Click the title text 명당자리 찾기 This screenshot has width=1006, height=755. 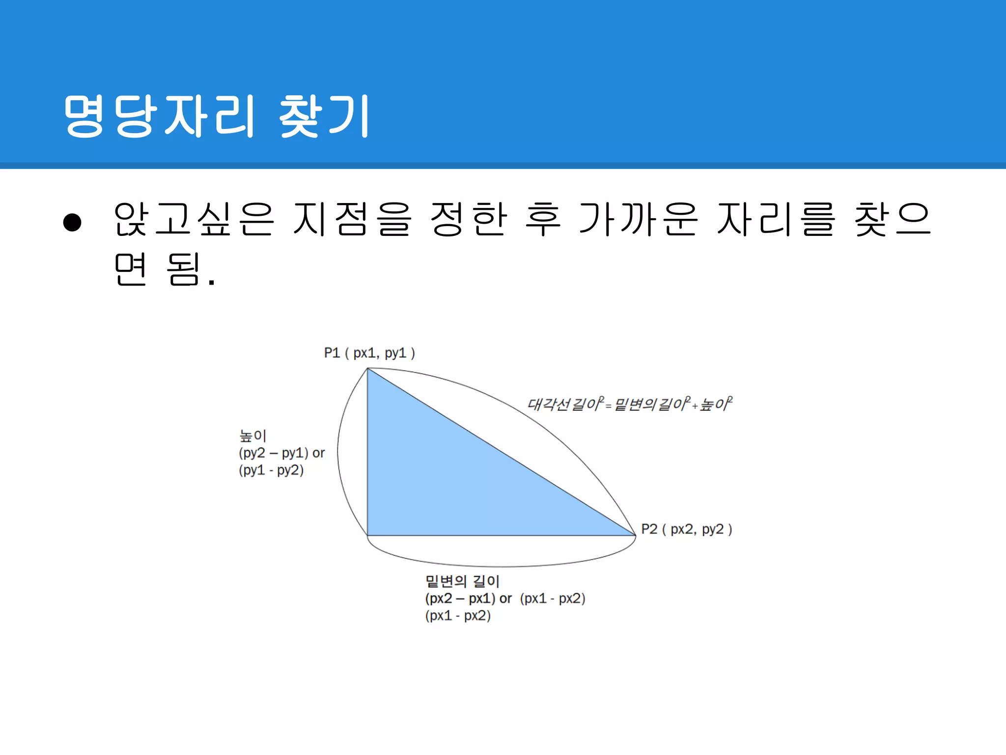tap(216, 116)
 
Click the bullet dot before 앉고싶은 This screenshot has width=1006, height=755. tap(72, 222)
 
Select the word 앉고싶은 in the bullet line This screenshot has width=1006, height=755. tap(193, 219)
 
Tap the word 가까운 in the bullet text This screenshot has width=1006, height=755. tap(638, 219)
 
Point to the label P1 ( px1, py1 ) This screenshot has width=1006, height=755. tap(369, 353)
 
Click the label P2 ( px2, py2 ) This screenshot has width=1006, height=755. tap(686, 529)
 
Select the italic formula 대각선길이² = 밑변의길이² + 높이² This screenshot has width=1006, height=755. tap(629, 404)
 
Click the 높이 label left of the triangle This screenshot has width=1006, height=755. tap(252, 436)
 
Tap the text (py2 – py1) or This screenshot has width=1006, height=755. tap(281, 453)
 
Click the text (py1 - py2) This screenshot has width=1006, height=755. tap(271, 470)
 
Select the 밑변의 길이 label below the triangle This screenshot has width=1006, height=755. tap(462, 581)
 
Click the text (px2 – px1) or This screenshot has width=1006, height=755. tap(468, 599)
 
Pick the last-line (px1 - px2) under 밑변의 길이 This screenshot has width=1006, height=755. tap(458, 616)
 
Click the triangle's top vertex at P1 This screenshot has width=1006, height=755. tap(368, 369)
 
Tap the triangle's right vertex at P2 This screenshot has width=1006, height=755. tap(635, 535)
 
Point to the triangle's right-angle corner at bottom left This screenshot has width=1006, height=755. tap(368, 535)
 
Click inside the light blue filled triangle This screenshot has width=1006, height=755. tap(442, 482)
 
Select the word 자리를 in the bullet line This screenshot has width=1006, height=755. tap(776, 219)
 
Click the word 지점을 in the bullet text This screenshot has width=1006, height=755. tap(352, 219)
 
